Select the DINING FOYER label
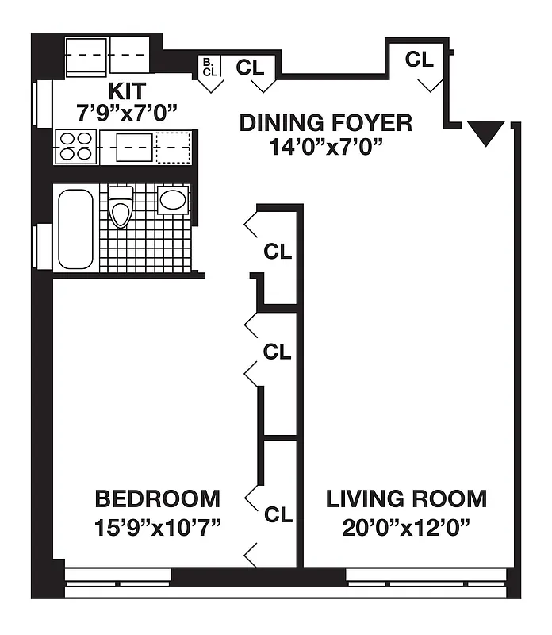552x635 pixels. pyautogui.click(x=326, y=123)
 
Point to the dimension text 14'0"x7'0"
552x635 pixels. pyautogui.click(x=326, y=146)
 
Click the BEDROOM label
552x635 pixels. pyautogui.click(x=157, y=499)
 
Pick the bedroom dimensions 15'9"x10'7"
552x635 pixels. pyautogui.click(x=157, y=526)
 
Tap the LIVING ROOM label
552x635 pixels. pyautogui.click(x=406, y=499)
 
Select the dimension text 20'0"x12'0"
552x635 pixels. pyautogui.click(x=406, y=526)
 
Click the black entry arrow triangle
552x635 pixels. pyautogui.click(x=485, y=132)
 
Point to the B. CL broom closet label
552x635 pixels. pyautogui.click(x=209, y=67)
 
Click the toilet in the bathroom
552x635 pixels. pyautogui.click(x=121, y=207)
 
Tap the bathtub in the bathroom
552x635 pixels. pyautogui.click(x=75, y=229)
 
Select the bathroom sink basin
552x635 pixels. pyautogui.click(x=172, y=199)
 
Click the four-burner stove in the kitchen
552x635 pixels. pyautogui.click(x=76, y=147)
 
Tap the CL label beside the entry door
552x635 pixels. pyautogui.click(x=420, y=59)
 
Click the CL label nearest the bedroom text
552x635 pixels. pyautogui.click(x=278, y=515)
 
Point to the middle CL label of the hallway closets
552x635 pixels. pyautogui.click(x=278, y=352)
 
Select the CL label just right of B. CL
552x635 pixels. pyautogui.click(x=250, y=67)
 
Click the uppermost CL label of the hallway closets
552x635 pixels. pyautogui.click(x=278, y=252)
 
